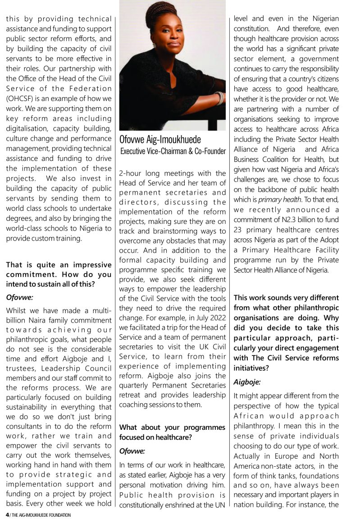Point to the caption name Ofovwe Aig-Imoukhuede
click(x=160, y=140)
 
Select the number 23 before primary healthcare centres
click(x=239, y=229)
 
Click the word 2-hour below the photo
click(x=132, y=173)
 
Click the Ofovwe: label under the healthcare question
click(x=132, y=450)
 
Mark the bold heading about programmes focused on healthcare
click(x=172, y=432)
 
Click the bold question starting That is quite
click(x=59, y=274)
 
